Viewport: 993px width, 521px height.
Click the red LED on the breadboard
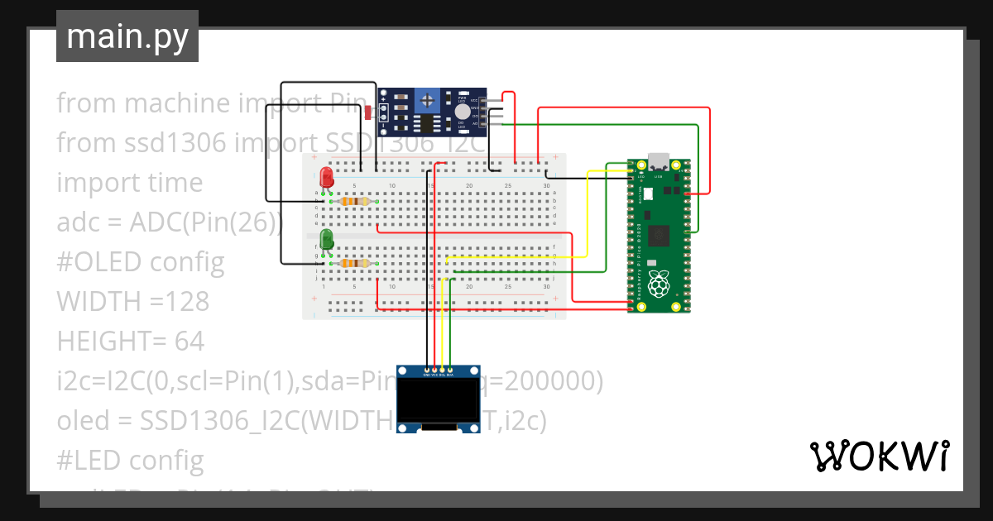point(327,178)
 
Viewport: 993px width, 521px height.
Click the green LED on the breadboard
point(327,240)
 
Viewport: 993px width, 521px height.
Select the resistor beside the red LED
point(355,201)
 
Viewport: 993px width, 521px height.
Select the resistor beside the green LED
point(355,263)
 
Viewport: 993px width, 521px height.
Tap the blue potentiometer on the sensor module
point(428,102)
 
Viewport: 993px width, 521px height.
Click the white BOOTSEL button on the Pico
point(648,193)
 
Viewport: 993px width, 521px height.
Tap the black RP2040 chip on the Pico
point(660,235)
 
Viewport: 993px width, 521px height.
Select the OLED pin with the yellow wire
point(443,370)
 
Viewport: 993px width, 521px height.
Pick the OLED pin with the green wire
point(450,370)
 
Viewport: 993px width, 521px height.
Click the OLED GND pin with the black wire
point(427,370)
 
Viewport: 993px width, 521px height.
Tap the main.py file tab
point(127,36)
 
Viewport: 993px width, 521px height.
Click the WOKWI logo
point(879,456)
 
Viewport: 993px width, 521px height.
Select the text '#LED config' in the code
point(130,460)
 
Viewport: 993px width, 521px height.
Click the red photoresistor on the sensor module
point(367,111)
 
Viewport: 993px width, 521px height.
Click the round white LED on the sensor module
point(462,111)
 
